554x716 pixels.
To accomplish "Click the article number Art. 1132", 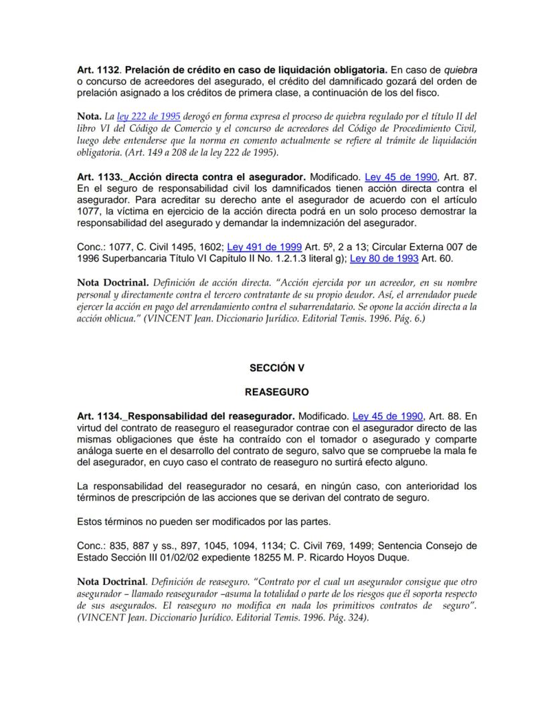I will pyautogui.click(x=98, y=70).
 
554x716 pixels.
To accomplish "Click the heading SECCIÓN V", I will pyautogui.click(x=276, y=368).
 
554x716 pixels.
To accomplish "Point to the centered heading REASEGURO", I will pyautogui.click(x=276, y=392).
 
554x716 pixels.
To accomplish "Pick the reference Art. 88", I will pyautogui.click(x=453, y=416).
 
